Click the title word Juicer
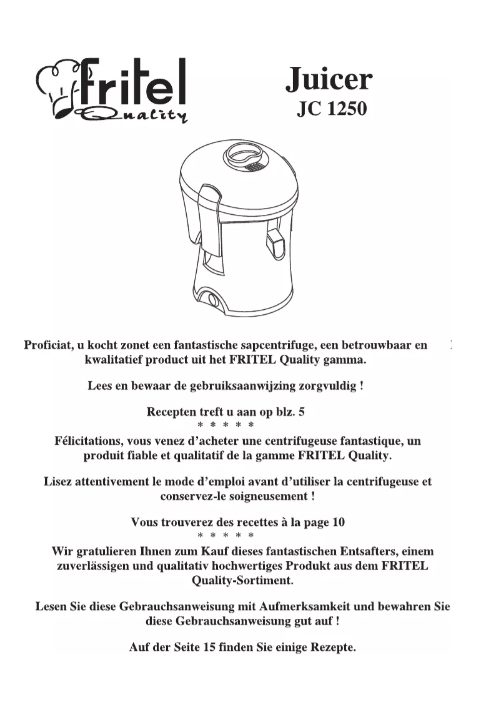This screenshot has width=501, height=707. [x=329, y=79]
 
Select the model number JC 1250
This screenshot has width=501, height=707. [x=331, y=109]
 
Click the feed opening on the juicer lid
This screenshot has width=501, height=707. [x=244, y=152]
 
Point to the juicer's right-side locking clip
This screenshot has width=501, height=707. [x=274, y=242]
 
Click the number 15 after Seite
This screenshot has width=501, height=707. [x=209, y=648]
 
